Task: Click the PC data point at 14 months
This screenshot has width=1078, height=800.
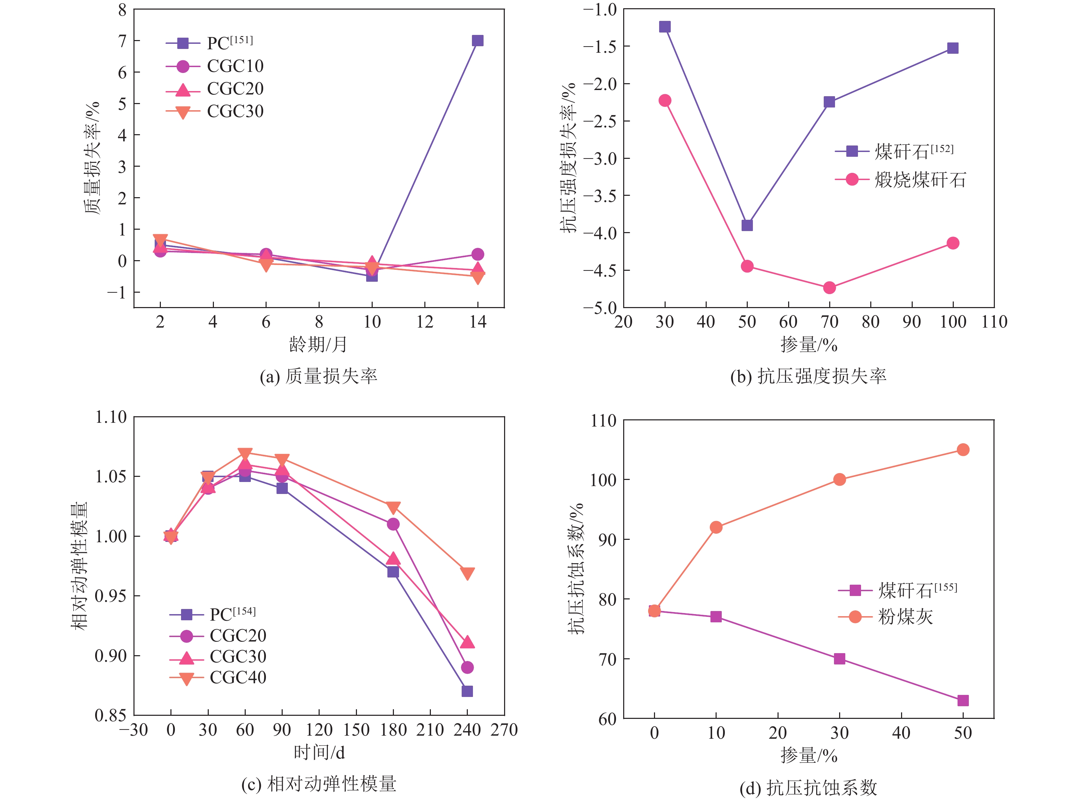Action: (477, 41)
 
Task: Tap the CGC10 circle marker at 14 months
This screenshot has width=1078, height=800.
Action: (477, 254)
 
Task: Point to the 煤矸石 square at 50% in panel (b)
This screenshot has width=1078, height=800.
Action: (747, 226)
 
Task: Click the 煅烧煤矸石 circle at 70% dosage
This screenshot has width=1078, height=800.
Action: (829, 288)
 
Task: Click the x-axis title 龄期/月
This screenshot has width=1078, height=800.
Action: (318, 344)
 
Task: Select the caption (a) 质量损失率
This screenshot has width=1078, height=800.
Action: (318, 376)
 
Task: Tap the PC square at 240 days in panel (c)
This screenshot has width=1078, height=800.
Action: (467, 691)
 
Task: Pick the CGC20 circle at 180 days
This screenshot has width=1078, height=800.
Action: (393, 524)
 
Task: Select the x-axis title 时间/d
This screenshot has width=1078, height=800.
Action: (319, 752)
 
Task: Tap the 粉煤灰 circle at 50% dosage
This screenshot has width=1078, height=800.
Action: (963, 450)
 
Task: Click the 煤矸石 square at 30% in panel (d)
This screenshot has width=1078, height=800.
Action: (839, 659)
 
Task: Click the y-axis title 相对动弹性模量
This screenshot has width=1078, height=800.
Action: (79, 566)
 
